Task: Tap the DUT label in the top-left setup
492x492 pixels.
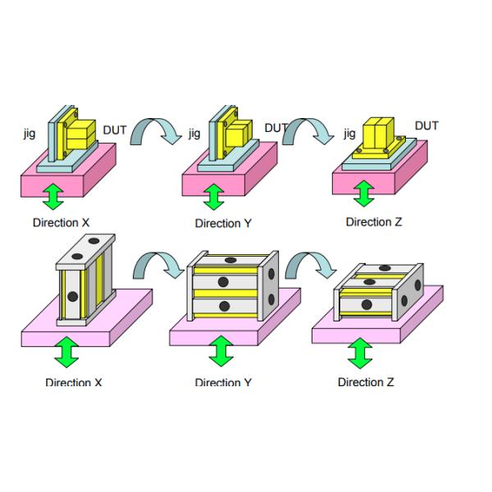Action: click(115, 130)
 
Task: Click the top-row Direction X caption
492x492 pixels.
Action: click(62, 223)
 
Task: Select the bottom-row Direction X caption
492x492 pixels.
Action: click(74, 382)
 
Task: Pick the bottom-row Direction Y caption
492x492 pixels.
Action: click(217, 382)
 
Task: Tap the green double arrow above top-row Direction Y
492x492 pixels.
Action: click(213, 197)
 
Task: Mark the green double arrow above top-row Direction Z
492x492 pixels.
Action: click(362, 194)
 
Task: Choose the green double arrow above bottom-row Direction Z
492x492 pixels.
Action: click(359, 354)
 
